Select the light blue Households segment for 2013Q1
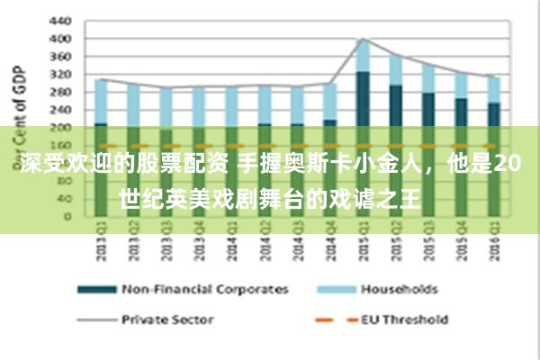102,101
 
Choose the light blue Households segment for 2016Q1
493,90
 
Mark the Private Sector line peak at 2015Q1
363,39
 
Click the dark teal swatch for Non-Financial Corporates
97,290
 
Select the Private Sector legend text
166,319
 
